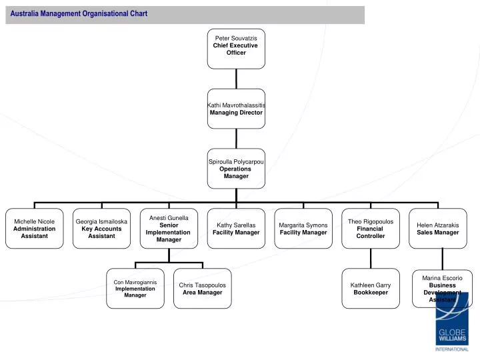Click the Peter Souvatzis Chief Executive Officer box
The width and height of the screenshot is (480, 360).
[235, 48]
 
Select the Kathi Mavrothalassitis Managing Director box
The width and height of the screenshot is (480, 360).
[235, 109]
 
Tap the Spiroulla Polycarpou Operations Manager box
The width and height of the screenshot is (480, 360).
[235, 169]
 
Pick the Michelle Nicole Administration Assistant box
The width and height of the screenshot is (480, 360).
[34, 229]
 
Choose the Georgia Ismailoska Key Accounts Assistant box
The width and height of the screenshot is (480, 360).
[101, 229]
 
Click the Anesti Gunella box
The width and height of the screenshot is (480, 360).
[169, 229]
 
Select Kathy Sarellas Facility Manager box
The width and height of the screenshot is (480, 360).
[236, 229]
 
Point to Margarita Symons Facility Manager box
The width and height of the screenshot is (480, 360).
[303, 229]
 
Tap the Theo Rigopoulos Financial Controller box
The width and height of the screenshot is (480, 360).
[371, 229]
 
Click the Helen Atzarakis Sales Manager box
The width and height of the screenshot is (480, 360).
[437, 229]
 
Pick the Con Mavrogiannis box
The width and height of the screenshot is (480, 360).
[135, 289]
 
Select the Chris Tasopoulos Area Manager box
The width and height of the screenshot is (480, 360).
[202, 289]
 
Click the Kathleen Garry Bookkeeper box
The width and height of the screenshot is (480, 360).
[371, 289]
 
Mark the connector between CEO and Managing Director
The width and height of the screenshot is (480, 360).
[235, 78]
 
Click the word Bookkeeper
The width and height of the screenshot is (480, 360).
[371, 293]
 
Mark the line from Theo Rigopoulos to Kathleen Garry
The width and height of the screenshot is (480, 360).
[371, 259]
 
